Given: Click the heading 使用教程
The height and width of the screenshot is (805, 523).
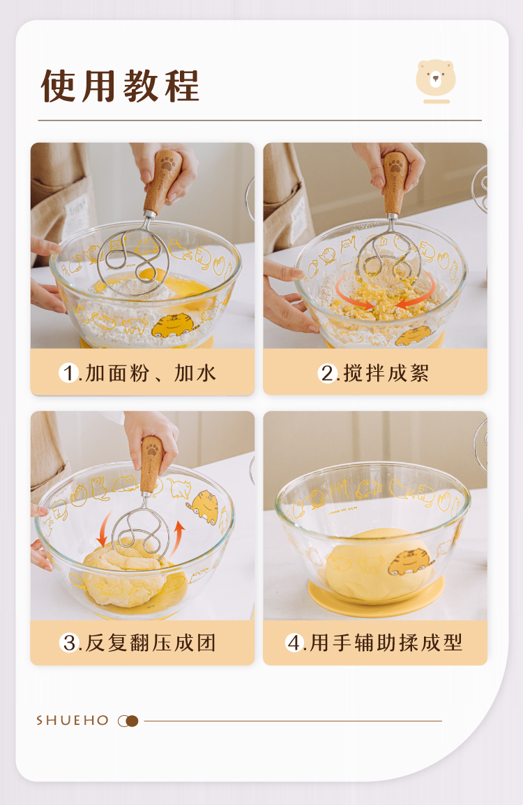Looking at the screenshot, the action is pos(120,86).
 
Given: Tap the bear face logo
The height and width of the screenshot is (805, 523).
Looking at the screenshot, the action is pos(436,78).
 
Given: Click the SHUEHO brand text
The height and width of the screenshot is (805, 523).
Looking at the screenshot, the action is pos(73,720).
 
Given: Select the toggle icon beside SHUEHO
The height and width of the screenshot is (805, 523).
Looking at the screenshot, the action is pos(128,721).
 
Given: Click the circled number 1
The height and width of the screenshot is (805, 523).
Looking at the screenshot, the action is pos(68,373).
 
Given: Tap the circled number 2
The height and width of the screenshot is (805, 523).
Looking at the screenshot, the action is pos(327,373).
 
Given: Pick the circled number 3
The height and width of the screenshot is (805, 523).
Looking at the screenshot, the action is pos(69,642).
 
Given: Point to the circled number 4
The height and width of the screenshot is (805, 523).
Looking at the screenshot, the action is pos(295,642).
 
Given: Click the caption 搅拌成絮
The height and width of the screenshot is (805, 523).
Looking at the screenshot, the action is pos(386,373).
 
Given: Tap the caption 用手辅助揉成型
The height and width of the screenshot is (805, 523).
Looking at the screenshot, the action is pos(386,643).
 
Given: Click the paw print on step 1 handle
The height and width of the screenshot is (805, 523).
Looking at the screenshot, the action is pos(167,163).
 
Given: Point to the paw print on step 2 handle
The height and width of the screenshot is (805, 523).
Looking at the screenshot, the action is pos(395,165).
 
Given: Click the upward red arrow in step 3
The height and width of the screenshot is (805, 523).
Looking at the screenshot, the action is pos(177,538).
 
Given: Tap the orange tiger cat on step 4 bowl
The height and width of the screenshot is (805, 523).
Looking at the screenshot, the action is pos(409,562).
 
